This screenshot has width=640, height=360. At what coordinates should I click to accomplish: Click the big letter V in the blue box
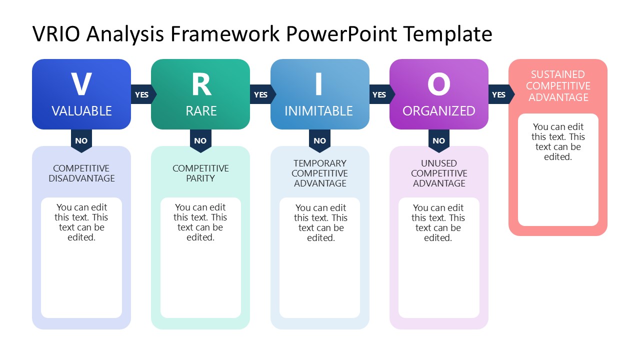coord(81,84)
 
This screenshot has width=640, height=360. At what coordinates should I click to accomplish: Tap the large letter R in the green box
coord(201,84)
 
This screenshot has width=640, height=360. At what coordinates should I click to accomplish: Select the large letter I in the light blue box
coord(319,84)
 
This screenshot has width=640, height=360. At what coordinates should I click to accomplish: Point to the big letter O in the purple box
coord(438,84)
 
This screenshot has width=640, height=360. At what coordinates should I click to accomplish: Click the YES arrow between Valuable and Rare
coord(142,94)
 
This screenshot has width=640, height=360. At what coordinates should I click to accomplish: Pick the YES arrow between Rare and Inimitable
coord(261,94)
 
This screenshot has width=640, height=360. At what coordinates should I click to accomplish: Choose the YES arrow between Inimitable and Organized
coord(380,94)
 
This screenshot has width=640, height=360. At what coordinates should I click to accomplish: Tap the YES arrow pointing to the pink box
coord(499,94)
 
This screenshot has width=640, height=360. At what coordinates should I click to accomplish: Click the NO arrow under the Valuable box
coord(81,140)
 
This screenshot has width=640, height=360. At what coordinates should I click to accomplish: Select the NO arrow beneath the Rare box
coord(200,140)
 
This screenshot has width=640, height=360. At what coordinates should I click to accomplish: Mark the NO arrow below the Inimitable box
coord(319,140)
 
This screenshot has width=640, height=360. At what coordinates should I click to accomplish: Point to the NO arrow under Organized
coord(438,140)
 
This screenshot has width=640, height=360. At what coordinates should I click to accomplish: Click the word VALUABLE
coord(81,111)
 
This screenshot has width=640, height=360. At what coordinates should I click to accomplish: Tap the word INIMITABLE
coord(318,111)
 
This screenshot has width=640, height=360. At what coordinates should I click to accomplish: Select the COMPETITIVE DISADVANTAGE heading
coord(81,173)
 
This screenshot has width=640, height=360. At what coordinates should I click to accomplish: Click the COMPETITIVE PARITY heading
coord(200,173)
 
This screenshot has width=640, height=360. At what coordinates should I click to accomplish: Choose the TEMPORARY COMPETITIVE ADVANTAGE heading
coord(320,173)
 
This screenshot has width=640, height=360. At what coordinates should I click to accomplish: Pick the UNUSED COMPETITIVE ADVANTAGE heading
coord(439,173)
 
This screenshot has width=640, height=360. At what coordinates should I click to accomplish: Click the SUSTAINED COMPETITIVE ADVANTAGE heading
coord(558,86)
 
